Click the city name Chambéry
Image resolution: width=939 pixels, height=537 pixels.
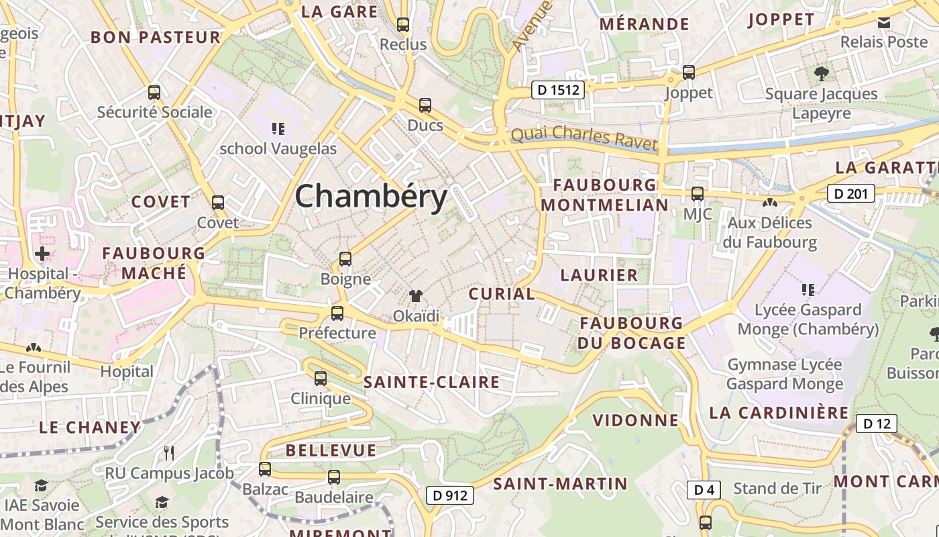click(371, 197)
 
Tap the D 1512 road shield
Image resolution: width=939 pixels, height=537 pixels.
click(558, 89)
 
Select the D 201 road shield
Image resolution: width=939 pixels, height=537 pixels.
click(851, 194)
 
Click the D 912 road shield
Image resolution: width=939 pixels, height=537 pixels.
click(450, 495)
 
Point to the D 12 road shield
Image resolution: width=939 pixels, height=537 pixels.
click(876, 424)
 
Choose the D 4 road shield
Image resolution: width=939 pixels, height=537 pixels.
click(704, 490)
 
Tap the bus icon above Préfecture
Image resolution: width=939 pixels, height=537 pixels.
click(337, 313)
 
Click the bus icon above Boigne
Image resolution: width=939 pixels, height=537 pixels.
click(345, 259)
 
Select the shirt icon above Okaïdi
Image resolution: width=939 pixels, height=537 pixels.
click(416, 296)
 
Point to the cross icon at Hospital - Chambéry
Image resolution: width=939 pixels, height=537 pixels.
click(42, 254)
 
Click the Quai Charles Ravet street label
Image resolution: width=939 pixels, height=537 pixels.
click(584, 137)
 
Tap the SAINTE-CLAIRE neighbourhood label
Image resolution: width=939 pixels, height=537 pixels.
click(431, 383)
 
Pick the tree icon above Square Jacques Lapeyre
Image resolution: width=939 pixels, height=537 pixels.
click(821, 73)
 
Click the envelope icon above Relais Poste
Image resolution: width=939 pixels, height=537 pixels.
click(884, 22)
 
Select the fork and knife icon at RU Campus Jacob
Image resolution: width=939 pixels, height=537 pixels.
click(169, 453)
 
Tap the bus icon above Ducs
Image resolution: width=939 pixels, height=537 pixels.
click(425, 105)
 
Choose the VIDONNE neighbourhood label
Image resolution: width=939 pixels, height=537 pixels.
click(636, 420)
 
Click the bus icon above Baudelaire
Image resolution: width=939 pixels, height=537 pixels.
click(333, 477)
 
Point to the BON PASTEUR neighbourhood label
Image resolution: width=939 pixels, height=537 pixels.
click(156, 38)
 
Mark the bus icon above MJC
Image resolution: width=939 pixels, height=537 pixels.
click(698, 194)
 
